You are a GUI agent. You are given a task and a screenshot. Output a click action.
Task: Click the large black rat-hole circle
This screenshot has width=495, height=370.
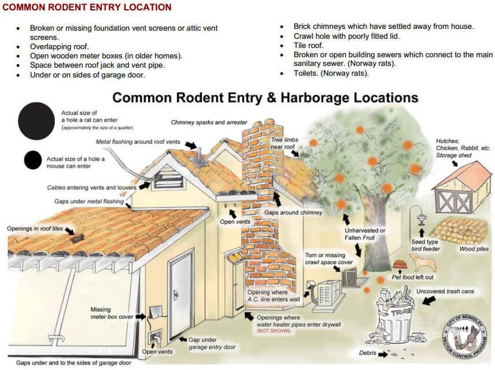(x=38, y=121)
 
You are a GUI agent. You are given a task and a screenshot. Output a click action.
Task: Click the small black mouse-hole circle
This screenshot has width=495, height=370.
(x=33, y=160)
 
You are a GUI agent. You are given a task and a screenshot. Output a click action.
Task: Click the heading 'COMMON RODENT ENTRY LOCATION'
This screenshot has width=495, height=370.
(x=87, y=8)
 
